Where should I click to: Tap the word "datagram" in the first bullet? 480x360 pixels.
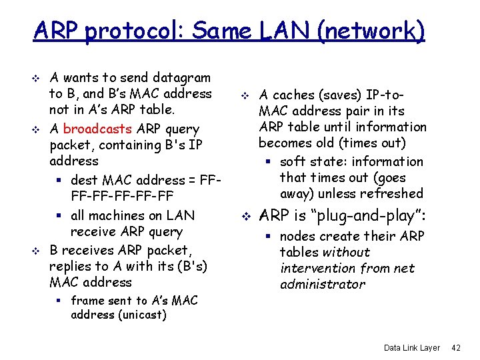click(181, 78)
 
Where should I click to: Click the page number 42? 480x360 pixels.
click(456, 348)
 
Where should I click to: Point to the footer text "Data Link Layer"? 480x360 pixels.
click(412, 348)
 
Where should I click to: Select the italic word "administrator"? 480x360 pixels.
click(323, 285)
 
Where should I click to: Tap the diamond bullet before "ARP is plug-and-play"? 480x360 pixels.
click(245, 216)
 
